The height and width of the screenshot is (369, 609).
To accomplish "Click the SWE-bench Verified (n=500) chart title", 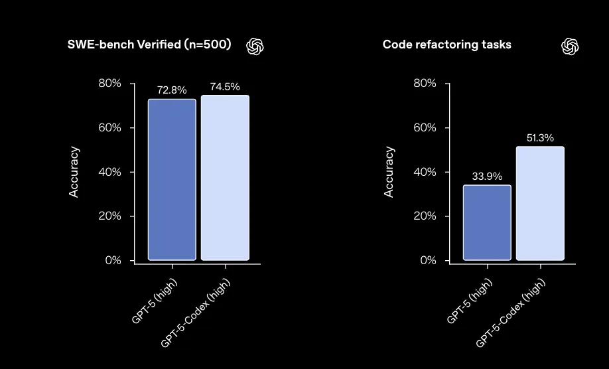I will click(x=149, y=45).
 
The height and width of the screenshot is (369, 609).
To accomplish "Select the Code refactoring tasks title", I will click(x=447, y=45).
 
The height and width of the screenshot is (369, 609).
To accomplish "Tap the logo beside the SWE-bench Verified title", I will click(x=255, y=46).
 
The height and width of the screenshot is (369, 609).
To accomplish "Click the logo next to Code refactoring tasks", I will click(x=571, y=46).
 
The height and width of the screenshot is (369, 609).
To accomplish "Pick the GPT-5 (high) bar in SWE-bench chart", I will click(x=172, y=179).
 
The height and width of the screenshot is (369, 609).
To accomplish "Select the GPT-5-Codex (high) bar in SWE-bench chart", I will click(x=225, y=178).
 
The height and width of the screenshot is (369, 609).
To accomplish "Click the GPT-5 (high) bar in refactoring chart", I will click(x=487, y=222).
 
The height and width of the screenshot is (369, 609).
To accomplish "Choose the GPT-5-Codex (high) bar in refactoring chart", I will click(x=540, y=203).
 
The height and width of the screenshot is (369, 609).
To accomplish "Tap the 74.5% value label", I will click(x=225, y=87).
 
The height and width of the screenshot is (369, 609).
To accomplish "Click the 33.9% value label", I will click(x=487, y=177).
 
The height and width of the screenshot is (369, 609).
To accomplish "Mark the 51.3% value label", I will click(x=540, y=138).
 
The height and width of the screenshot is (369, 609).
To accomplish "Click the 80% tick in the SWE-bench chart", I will click(x=110, y=84).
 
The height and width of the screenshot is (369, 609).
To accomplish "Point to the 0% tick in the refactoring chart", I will click(x=428, y=261).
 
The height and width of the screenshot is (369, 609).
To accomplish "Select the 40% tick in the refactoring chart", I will click(x=425, y=172).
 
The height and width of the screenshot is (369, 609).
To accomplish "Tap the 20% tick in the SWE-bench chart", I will click(x=110, y=216).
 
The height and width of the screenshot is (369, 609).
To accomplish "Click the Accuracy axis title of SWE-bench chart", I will click(x=74, y=172).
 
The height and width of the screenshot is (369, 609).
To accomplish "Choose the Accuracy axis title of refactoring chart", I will click(x=389, y=172).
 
